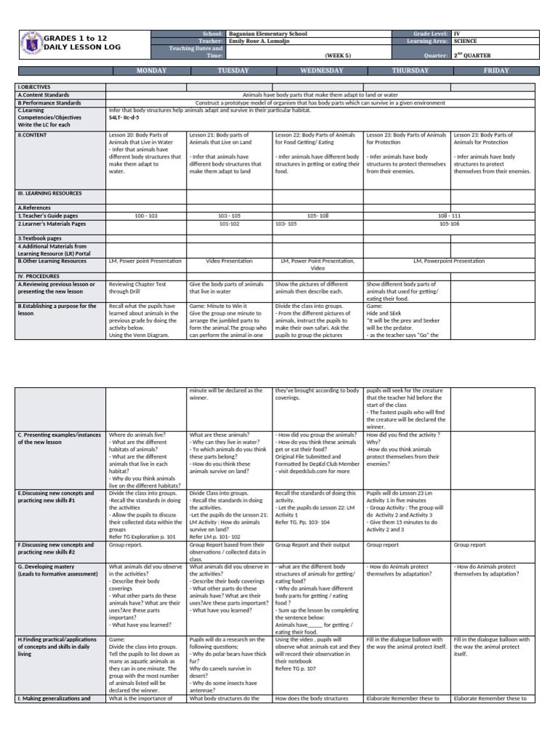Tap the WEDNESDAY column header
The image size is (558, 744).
318,70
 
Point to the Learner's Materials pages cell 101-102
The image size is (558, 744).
230,224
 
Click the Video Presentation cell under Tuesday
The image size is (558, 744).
230,260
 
